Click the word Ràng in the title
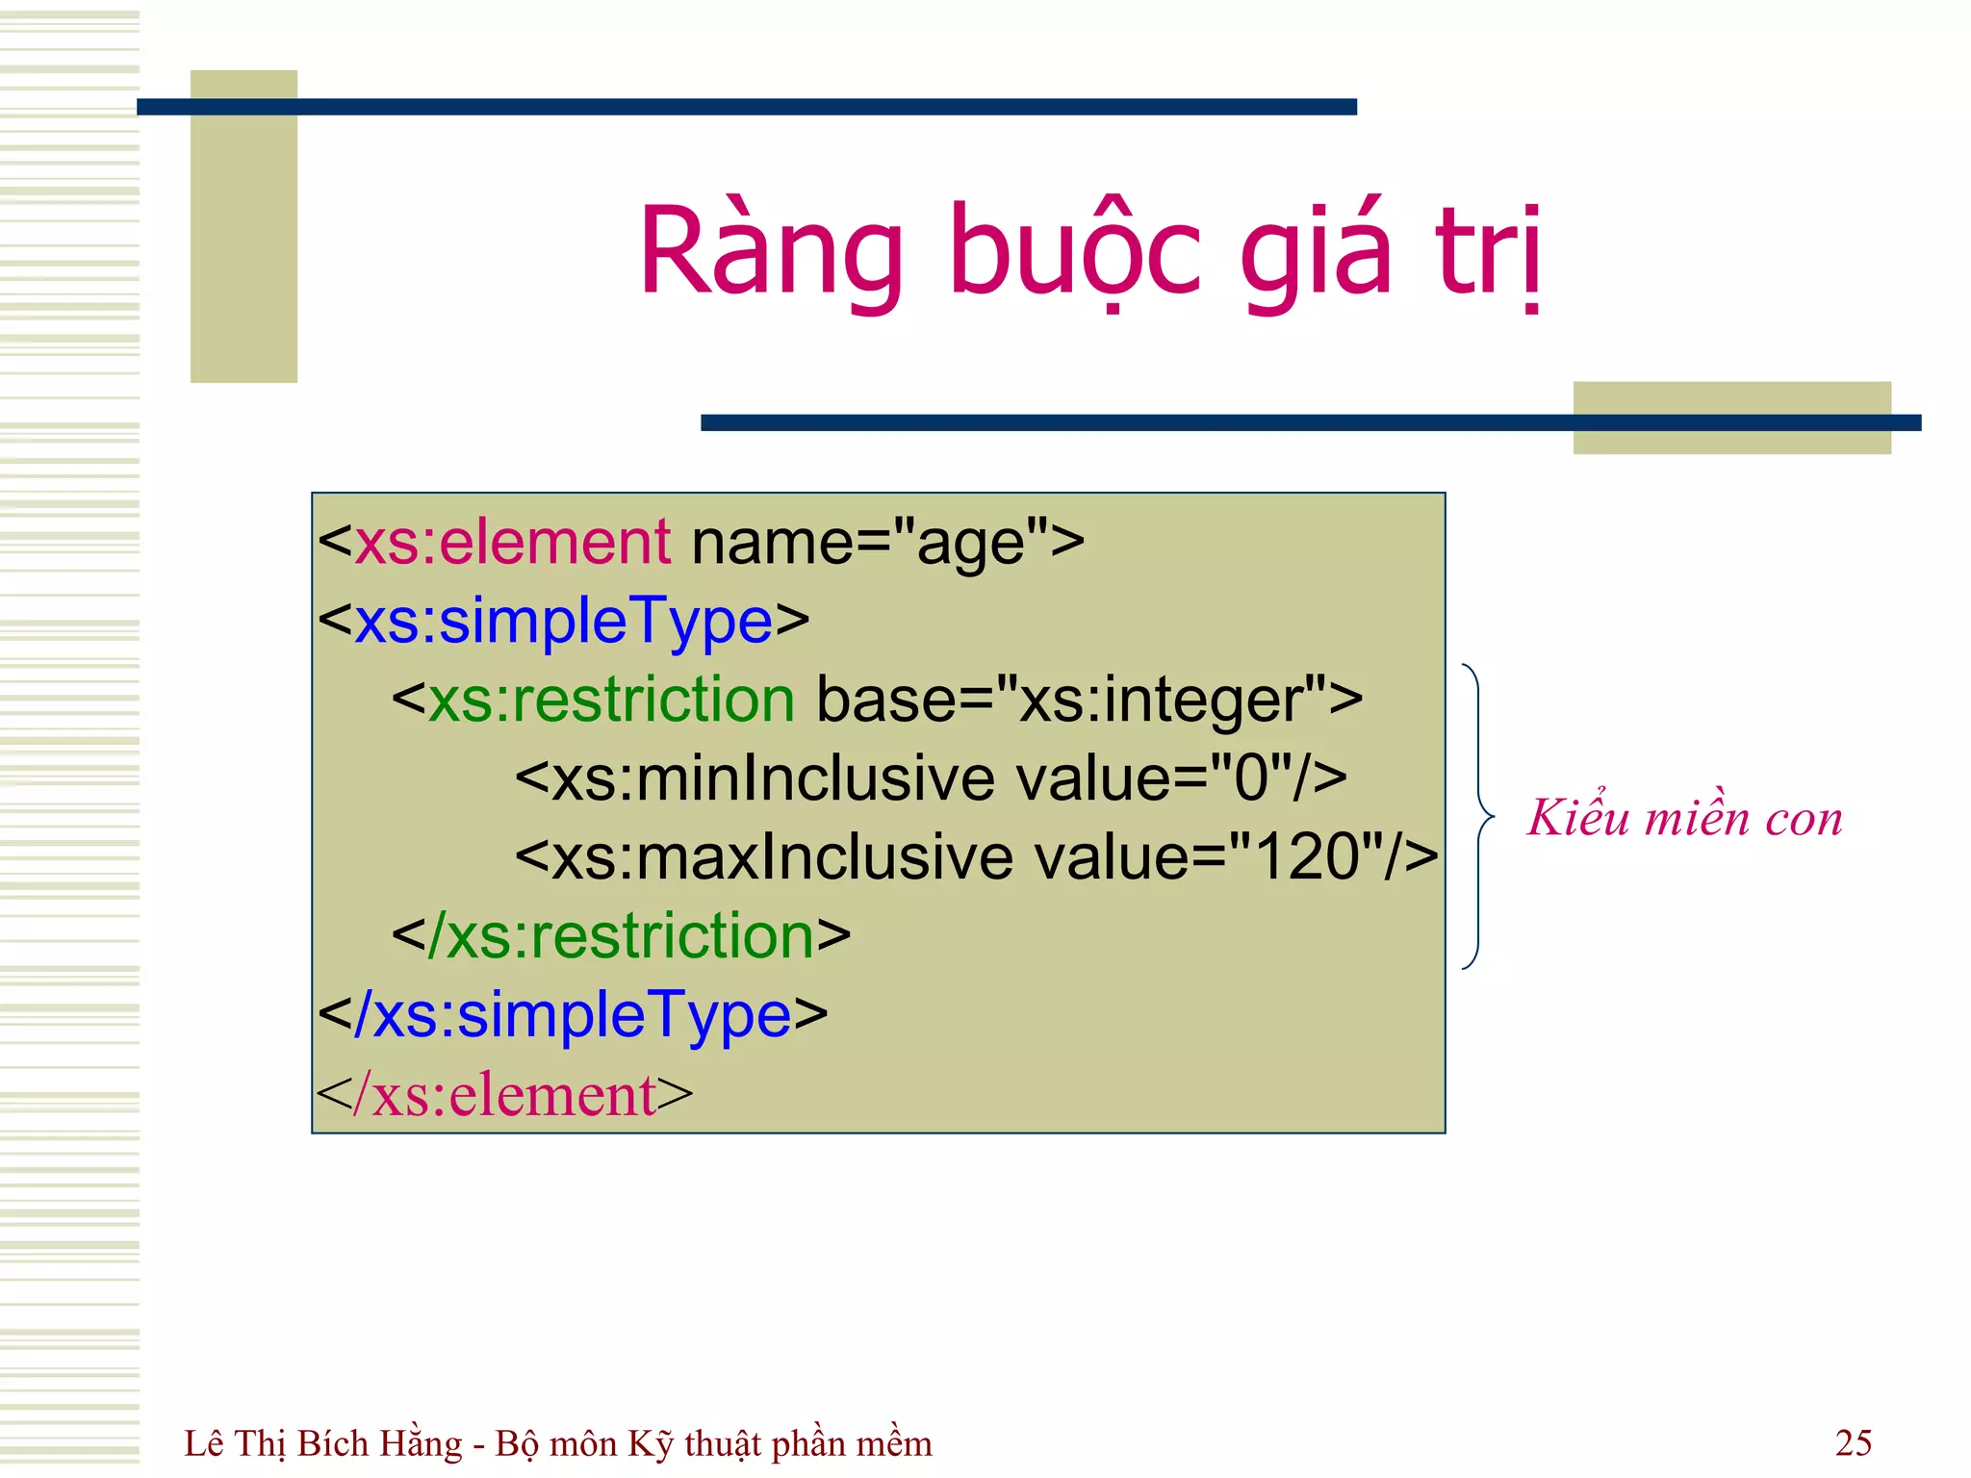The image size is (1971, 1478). click(x=770, y=252)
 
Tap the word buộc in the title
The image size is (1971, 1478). click(x=1075, y=252)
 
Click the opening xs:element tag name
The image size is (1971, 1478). click(x=512, y=542)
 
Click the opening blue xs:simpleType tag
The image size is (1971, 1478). click(x=564, y=622)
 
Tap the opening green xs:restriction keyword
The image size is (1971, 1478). click(x=611, y=700)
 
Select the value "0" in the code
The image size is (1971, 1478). click(x=1251, y=778)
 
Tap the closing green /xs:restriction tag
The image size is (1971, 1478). click(x=622, y=936)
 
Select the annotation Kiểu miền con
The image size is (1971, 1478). click(x=1684, y=818)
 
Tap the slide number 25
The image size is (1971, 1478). click(x=1853, y=1442)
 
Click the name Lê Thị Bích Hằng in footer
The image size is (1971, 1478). click(x=323, y=1444)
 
